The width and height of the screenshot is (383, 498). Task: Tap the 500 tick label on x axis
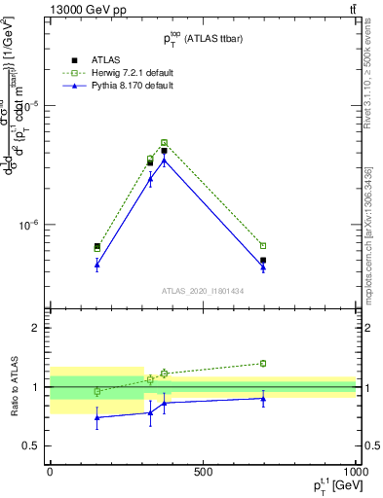click(203, 473)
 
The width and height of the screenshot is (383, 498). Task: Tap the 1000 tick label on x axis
click(355, 473)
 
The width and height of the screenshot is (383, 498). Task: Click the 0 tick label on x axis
click(50, 473)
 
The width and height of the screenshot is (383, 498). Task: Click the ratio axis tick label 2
click(37, 328)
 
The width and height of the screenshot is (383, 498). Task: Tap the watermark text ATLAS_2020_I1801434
click(202, 291)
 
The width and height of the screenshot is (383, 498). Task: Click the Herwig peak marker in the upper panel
click(164, 143)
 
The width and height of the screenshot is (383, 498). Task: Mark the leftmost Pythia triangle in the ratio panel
click(96, 418)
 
